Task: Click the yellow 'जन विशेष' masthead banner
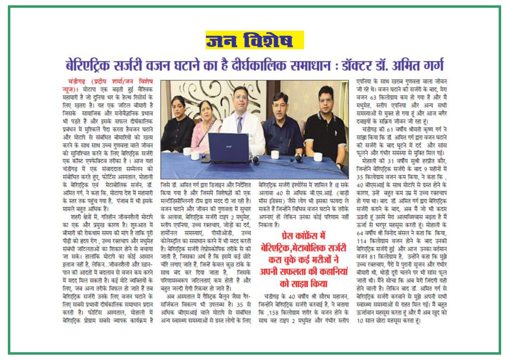[254, 40]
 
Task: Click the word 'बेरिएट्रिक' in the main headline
[88, 66]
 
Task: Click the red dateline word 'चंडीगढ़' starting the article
[77, 82]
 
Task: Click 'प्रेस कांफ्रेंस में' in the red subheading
[303, 236]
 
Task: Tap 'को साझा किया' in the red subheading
[303, 283]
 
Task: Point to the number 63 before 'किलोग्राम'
[373, 98]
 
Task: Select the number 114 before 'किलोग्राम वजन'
[362, 241]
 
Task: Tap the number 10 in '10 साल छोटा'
[360, 321]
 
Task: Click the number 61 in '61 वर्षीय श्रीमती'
[390, 130]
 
